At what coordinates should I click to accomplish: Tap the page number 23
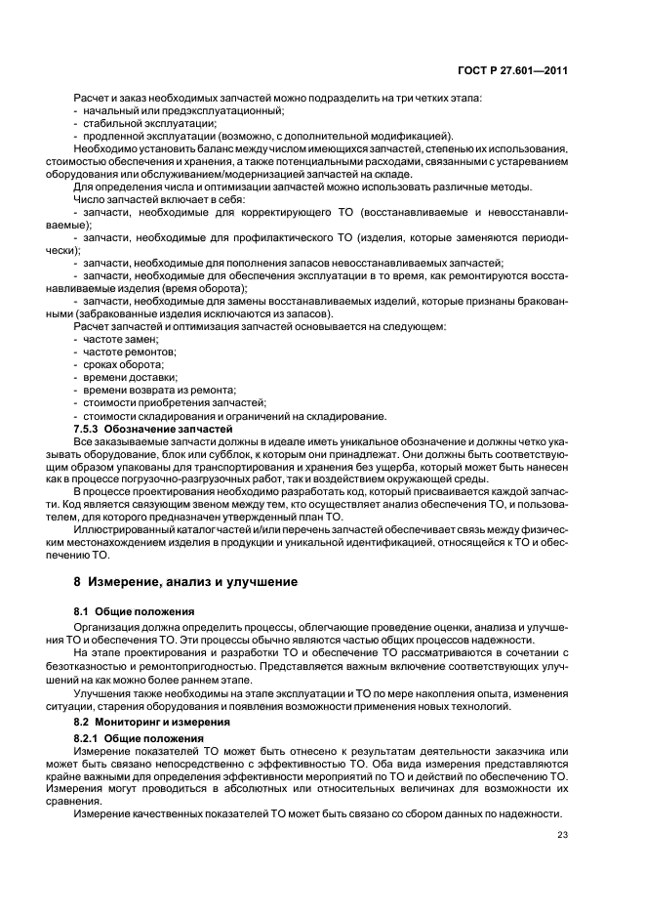562,833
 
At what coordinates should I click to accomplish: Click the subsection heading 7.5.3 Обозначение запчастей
153,429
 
